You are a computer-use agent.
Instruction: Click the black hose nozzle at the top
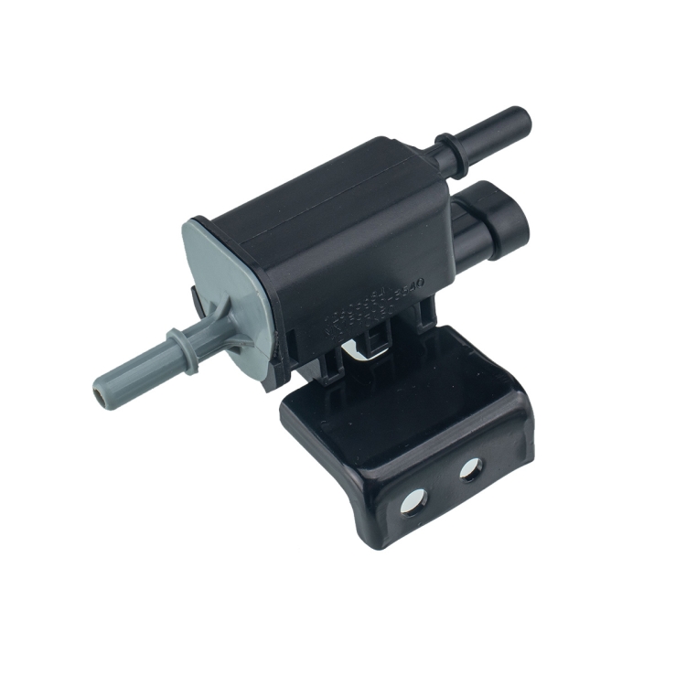click(485, 133)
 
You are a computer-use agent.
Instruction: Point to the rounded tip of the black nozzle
click(521, 118)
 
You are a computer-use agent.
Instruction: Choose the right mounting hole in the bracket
click(471, 470)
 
